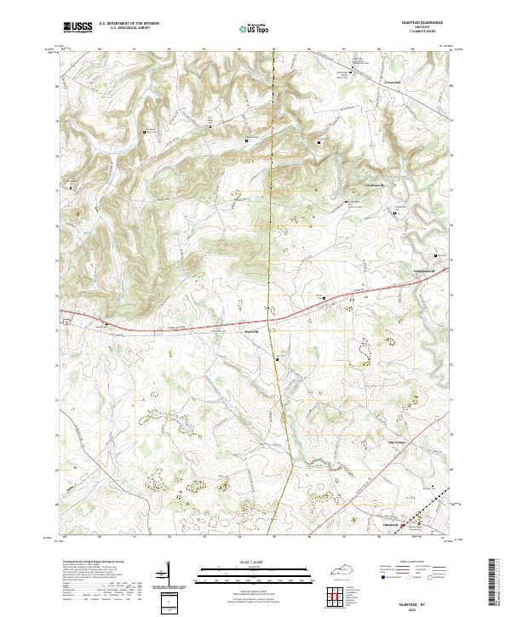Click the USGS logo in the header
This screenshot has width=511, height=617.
coord(78,28)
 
